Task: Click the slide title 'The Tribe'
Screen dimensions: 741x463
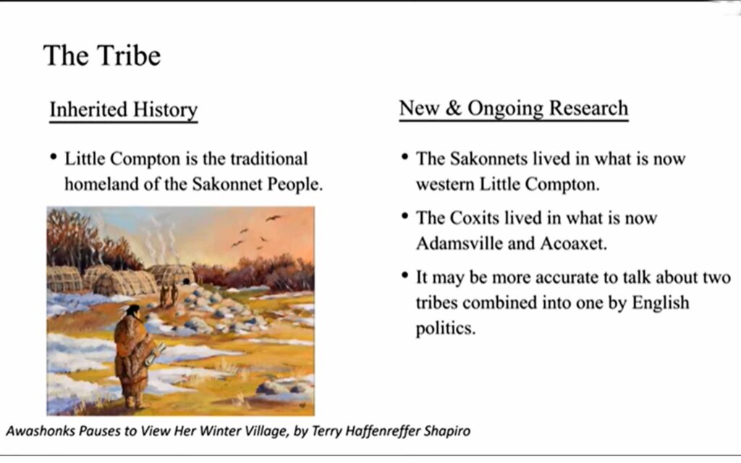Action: pos(102,56)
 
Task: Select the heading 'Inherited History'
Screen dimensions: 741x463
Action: pos(123,110)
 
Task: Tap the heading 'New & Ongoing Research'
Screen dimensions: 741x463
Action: pos(514,109)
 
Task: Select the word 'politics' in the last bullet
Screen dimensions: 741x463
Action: pos(445,328)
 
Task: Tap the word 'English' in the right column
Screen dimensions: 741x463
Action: pos(661,302)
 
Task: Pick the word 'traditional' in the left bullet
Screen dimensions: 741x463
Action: pos(269,158)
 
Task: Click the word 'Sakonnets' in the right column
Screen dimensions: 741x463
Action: pos(488,158)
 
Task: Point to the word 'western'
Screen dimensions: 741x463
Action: pos(445,184)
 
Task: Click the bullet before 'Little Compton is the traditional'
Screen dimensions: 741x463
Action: pos(54,156)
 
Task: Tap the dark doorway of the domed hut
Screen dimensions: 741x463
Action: pos(186,281)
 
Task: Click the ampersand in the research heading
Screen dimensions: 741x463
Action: pos(453,109)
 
